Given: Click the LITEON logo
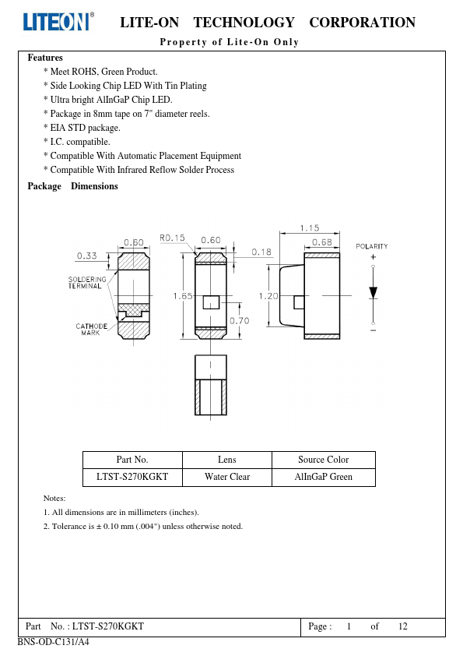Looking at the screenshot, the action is pos(58,21).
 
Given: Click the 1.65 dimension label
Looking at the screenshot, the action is pos(183,296).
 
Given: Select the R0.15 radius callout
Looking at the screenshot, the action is pos(172,238).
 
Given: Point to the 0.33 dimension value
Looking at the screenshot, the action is pos(87,256).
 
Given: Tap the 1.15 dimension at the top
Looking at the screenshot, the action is pos(310,228).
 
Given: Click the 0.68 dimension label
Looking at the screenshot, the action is pos(322,242).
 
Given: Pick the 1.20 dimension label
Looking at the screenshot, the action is pos(268,296).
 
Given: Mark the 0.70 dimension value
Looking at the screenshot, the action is pos(240,321).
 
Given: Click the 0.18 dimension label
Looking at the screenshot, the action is pos(261,252).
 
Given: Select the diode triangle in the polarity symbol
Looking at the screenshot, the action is pos(374,292).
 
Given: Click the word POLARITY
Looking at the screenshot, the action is pos(372,246).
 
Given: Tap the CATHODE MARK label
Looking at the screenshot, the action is pos(92,330).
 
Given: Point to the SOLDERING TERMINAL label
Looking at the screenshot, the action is pos(87,282).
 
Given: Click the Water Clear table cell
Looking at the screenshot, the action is pos(227,477).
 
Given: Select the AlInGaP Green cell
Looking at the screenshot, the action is pos(324,477).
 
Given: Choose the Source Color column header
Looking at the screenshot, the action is pos(324,460).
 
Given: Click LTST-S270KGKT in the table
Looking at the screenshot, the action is pos(132,477).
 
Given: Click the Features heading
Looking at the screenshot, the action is pos(45,58).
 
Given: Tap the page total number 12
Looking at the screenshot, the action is pos(403,626).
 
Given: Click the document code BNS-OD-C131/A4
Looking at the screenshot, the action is pos(54,642).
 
